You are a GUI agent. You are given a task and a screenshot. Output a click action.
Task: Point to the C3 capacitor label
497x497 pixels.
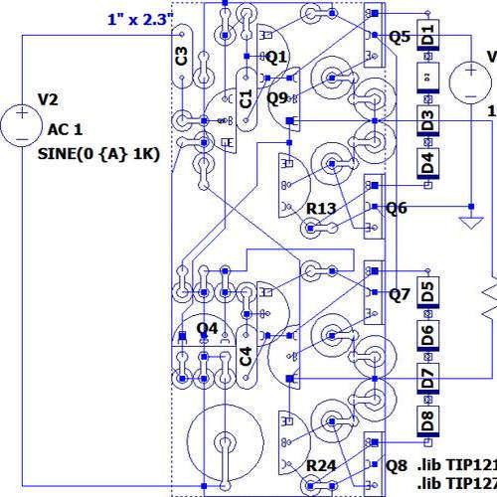[x=180, y=56]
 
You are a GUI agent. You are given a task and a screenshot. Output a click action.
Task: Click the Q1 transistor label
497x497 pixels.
[x=275, y=57]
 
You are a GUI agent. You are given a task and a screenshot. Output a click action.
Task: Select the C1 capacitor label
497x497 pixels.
[x=246, y=96]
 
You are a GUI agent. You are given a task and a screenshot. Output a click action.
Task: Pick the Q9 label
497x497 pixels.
[x=277, y=97]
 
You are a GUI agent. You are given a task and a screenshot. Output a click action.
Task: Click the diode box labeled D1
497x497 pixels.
[x=427, y=37]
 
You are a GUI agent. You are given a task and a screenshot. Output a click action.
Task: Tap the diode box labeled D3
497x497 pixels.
[x=427, y=122]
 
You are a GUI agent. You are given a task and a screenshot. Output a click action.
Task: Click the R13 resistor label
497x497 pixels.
[x=321, y=209]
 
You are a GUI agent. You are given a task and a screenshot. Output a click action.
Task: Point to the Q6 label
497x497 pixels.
[x=398, y=208]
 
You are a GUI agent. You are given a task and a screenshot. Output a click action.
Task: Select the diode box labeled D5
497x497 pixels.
[x=427, y=292]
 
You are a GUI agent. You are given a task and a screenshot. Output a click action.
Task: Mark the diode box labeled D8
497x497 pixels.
[x=427, y=418]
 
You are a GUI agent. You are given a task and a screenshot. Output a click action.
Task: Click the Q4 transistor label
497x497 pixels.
[x=207, y=328]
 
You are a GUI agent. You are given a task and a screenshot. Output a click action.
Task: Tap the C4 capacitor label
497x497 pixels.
[x=246, y=355]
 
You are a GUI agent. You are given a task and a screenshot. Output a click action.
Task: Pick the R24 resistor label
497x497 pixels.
[x=321, y=465]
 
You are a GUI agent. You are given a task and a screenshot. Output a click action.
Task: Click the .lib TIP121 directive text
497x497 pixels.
[x=456, y=465]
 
